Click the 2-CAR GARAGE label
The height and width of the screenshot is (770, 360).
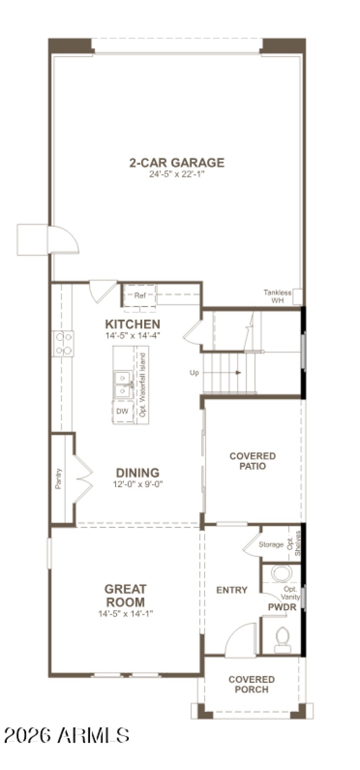[x=177, y=162]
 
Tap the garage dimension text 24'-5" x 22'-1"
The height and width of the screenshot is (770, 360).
[x=177, y=174]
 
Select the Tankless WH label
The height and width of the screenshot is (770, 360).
[x=277, y=296]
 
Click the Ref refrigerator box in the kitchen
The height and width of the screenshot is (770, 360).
[x=140, y=296]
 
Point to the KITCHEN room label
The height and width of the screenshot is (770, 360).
[x=132, y=324]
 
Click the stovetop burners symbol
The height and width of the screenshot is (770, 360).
[x=63, y=344]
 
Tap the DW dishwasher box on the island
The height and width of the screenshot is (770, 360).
[x=122, y=411]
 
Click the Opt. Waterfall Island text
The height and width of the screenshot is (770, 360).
[x=143, y=385]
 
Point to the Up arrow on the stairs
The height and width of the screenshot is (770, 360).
[x=238, y=373]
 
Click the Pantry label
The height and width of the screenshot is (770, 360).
[x=58, y=479]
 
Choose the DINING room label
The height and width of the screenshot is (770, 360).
[x=138, y=473]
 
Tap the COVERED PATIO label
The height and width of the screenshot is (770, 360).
[x=252, y=461]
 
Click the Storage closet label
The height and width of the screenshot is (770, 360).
[x=271, y=545]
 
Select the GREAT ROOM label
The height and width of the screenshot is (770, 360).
[x=126, y=595]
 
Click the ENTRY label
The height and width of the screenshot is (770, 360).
[x=232, y=590]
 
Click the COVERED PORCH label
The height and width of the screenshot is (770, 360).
[x=252, y=684]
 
